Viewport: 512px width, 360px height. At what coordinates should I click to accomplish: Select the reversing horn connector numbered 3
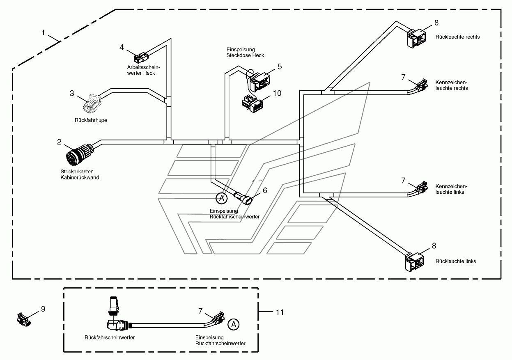(92, 103)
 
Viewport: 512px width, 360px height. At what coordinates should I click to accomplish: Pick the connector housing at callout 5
(259, 82)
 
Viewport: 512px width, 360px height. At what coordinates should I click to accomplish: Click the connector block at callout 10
(253, 104)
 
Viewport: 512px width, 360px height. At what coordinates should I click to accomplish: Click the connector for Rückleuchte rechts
(417, 38)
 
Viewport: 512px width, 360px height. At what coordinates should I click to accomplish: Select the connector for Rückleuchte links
(414, 262)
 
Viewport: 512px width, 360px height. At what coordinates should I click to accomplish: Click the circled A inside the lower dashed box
(233, 324)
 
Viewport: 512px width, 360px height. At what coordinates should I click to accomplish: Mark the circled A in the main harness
(221, 198)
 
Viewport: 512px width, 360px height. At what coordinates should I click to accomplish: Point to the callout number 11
(280, 312)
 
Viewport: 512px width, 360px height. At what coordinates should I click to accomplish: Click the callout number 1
(43, 33)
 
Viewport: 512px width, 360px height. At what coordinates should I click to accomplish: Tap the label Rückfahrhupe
(91, 120)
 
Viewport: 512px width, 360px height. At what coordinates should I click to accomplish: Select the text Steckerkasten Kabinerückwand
(80, 174)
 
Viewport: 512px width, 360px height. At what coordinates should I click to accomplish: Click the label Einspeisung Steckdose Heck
(245, 53)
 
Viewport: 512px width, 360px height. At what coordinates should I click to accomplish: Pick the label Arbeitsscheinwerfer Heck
(144, 70)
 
